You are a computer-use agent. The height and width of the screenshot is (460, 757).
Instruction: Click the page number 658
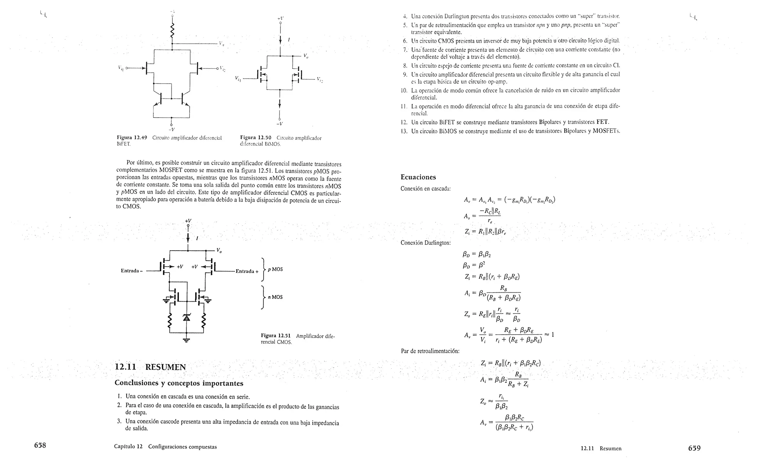click(x=40, y=446)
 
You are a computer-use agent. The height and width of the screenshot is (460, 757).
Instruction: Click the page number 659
click(x=694, y=448)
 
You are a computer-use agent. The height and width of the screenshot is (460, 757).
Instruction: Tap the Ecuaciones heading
click(x=418, y=177)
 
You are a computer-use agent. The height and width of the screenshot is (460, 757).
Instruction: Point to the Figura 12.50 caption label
click(x=255, y=138)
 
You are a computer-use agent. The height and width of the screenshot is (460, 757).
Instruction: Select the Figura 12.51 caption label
click(x=276, y=336)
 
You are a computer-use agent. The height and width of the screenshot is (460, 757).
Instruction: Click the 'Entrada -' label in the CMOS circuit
click(x=132, y=271)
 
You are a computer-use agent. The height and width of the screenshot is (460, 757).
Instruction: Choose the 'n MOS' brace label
click(x=275, y=297)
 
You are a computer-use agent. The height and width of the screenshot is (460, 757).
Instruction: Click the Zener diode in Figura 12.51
click(x=186, y=318)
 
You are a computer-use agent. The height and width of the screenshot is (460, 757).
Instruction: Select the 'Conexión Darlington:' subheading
click(x=425, y=243)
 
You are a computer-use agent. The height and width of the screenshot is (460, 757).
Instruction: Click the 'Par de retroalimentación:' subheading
click(x=430, y=351)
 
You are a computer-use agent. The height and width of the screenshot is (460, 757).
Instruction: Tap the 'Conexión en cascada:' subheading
click(x=425, y=189)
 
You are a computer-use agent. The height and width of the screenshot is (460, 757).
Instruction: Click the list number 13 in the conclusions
click(x=404, y=131)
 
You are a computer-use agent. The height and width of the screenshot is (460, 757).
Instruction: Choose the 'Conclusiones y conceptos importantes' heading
click(x=179, y=383)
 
